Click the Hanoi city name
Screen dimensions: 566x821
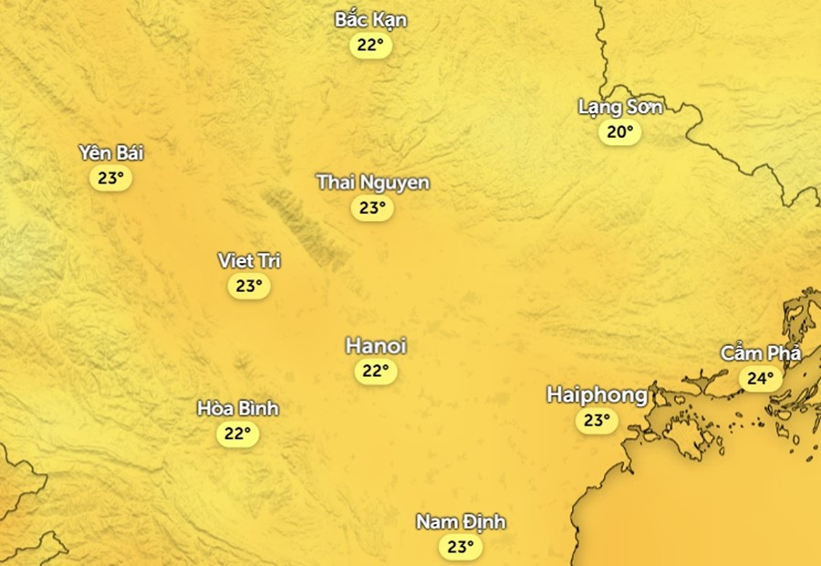coord(375,346)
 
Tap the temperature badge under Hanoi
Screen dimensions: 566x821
coord(375,371)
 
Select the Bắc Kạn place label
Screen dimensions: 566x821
coord(370,20)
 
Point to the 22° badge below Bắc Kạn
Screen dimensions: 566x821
coord(370,46)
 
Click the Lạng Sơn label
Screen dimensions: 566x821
coord(619,107)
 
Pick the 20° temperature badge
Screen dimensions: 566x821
coord(619,132)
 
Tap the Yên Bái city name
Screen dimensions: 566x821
coord(110,152)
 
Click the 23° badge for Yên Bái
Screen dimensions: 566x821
coord(110,178)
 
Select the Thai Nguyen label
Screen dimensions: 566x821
coord(372,183)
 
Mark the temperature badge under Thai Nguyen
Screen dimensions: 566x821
coord(372,208)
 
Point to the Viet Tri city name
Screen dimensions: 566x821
coord(249,261)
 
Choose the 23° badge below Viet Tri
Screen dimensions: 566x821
coord(249,287)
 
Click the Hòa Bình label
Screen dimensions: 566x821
coord(238,408)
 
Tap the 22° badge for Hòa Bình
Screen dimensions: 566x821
coord(238,434)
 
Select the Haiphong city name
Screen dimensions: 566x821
coord(597,395)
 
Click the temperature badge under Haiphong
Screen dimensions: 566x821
coord(597,421)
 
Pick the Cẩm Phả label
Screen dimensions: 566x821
coord(760,352)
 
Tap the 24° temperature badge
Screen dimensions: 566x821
coord(760,378)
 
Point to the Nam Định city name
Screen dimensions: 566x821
coord(461,522)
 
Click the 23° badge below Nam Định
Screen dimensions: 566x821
coord(461,548)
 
